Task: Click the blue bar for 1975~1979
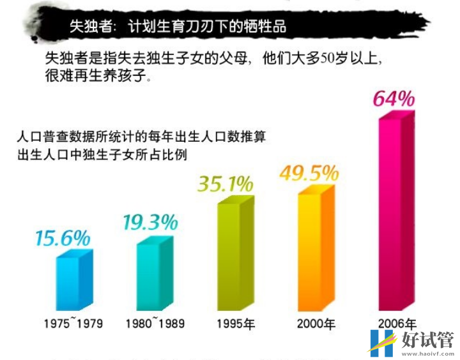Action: (75, 281)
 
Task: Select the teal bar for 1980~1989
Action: (155, 274)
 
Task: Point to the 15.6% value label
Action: (62, 239)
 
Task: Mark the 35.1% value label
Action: (225, 185)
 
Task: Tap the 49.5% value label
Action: (309, 173)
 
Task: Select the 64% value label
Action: (394, 100)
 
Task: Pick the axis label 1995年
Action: (235, 323)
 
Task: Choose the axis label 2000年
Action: (316, 323)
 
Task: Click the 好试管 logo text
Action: (427, 339)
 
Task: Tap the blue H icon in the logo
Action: (382, 342)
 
